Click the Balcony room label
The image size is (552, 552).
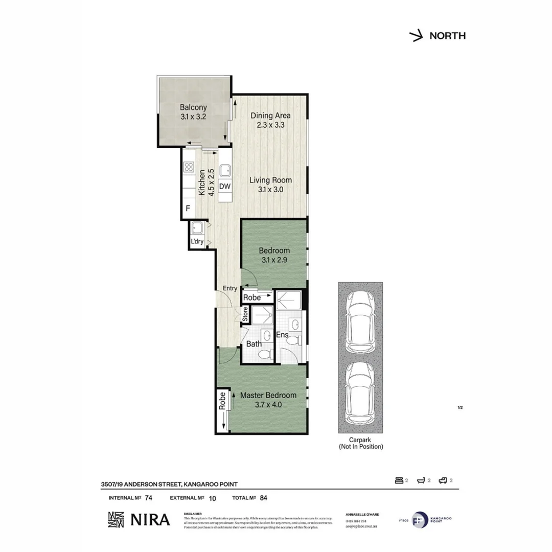point(193,107)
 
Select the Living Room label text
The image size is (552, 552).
point(270,180)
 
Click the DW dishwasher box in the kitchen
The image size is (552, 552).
point(225,187)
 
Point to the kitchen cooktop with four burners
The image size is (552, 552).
point(189,166)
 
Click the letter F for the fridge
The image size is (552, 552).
point(188,209)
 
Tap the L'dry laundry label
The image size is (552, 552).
point(197,242)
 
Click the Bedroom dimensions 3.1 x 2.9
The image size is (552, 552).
point(274,260)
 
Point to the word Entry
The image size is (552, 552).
point(229,288)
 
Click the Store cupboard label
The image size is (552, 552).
point(245,314)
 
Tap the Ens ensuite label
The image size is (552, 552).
point(283,335)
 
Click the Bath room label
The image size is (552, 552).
point(254,344)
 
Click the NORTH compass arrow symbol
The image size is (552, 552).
point(416,36)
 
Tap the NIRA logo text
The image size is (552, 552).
point(151,519)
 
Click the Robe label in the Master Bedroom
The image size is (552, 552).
point(223,401)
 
